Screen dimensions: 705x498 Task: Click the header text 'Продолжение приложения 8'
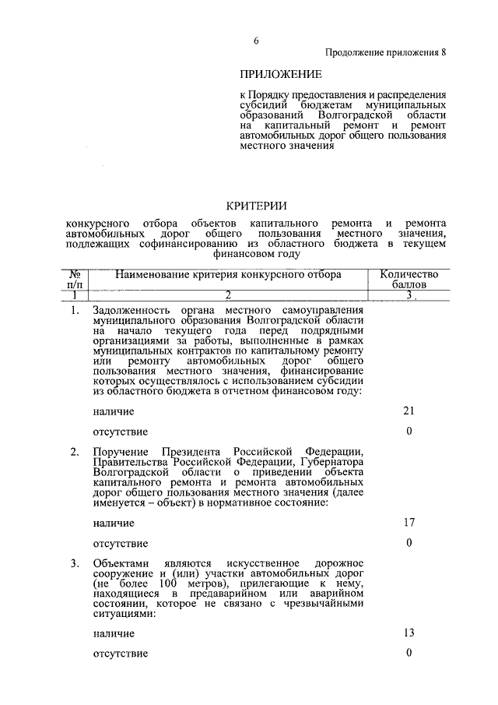point(386,53)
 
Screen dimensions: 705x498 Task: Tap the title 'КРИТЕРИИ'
point(257,206)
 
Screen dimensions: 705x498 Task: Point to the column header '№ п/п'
point(76,280)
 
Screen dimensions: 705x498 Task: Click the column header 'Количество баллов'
point(409,280)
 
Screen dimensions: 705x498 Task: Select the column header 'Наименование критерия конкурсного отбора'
point(228,274)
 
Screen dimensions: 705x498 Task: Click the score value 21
point(409,411)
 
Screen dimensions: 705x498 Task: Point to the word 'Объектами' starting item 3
point(118,563)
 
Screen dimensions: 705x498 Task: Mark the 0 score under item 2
point(409,542)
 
